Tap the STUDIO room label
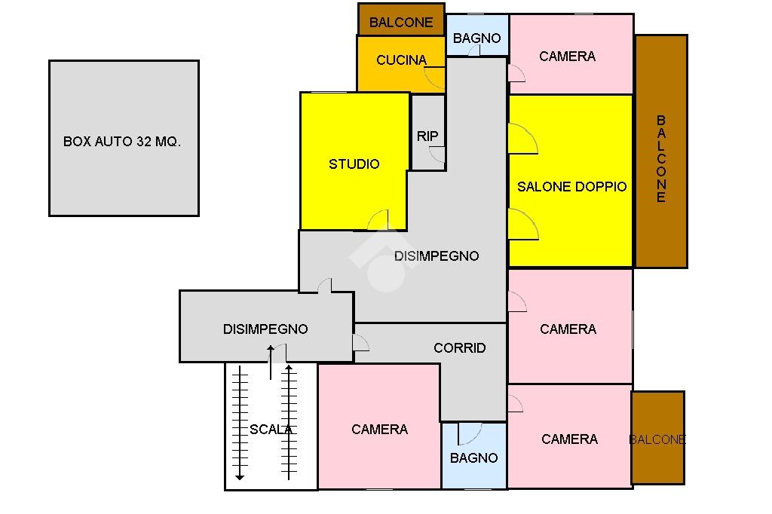point(354,164)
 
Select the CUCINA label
point(401,60)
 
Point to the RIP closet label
point(427,136)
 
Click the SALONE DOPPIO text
point(571,187)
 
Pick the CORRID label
point(459,347)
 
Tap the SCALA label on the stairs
point(271,430)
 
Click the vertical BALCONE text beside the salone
point(661,158)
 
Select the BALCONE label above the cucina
point(401,23)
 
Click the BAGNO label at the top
point(476,38)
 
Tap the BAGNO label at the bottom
point(473,457)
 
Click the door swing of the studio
point(378,220)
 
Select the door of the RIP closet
point(437,154)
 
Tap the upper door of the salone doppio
point(522,139)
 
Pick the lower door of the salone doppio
point(522,225)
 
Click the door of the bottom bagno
point(469,433)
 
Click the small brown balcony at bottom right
point(657,437)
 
